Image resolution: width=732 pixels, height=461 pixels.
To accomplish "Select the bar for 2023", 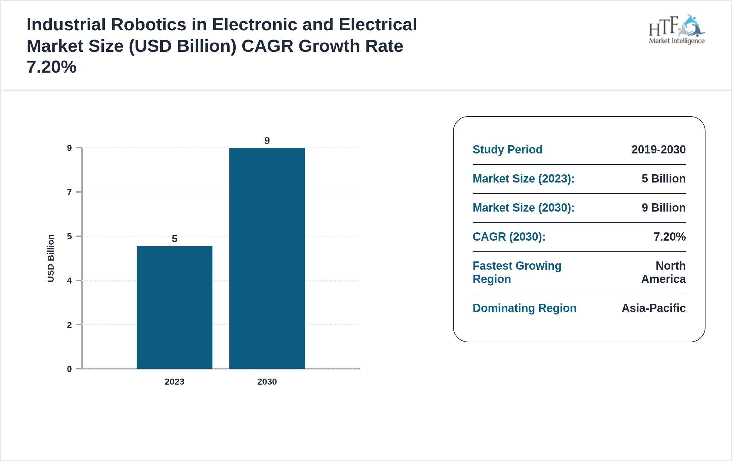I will coord(174,307).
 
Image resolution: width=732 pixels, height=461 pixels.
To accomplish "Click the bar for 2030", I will coord(267,258).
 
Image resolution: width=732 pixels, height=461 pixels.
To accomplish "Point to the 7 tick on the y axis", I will coord(69,192).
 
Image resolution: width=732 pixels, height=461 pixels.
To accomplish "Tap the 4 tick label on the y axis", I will coord(69,280).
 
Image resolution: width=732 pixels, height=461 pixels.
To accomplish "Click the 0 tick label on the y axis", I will coord(69,369).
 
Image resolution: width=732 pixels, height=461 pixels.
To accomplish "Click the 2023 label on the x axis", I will coord(174,381).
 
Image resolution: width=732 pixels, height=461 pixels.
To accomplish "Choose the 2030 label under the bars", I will coord(267,381).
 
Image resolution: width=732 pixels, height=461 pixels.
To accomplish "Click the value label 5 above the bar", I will coord(174,239).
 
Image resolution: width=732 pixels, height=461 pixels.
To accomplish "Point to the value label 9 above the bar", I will coord(267,141).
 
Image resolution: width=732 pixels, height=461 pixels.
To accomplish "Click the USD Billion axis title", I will coord(51,258).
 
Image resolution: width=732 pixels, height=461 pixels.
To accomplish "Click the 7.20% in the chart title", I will coord(51,67).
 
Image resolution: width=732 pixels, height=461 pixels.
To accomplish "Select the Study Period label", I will coord(507,149).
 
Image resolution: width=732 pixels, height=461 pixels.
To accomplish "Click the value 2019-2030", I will coord(658,149).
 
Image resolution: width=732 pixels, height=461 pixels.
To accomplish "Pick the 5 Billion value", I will coord(664,178).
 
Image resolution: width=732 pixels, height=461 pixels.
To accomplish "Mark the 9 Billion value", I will coord(664,207).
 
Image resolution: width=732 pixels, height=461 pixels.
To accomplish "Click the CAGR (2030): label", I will coord(509,236).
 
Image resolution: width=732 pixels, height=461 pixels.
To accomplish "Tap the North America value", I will coord(664,272).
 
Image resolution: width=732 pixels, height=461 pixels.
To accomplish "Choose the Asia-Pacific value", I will coord(653,308).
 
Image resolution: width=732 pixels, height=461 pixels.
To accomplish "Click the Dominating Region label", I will coord(524,308).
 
